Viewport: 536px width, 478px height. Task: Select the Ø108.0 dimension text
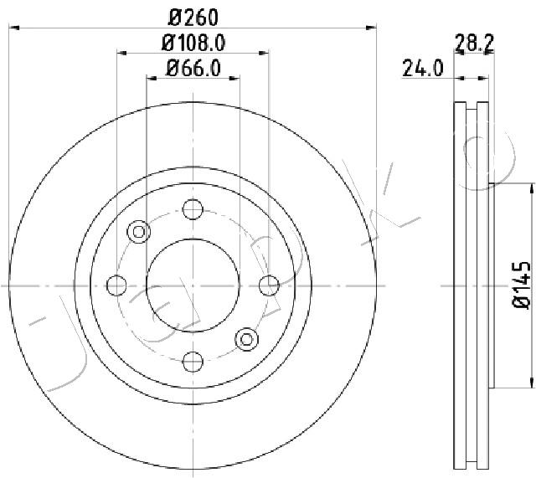click(193, 42)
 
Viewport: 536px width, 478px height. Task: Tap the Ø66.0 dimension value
click(193, 69)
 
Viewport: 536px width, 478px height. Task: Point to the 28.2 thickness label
click(473, 41)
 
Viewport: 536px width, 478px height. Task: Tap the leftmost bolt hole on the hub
click(117, 285)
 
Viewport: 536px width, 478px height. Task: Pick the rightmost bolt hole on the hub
click(269, 285)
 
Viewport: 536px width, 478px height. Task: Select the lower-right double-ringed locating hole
click(247, 339)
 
